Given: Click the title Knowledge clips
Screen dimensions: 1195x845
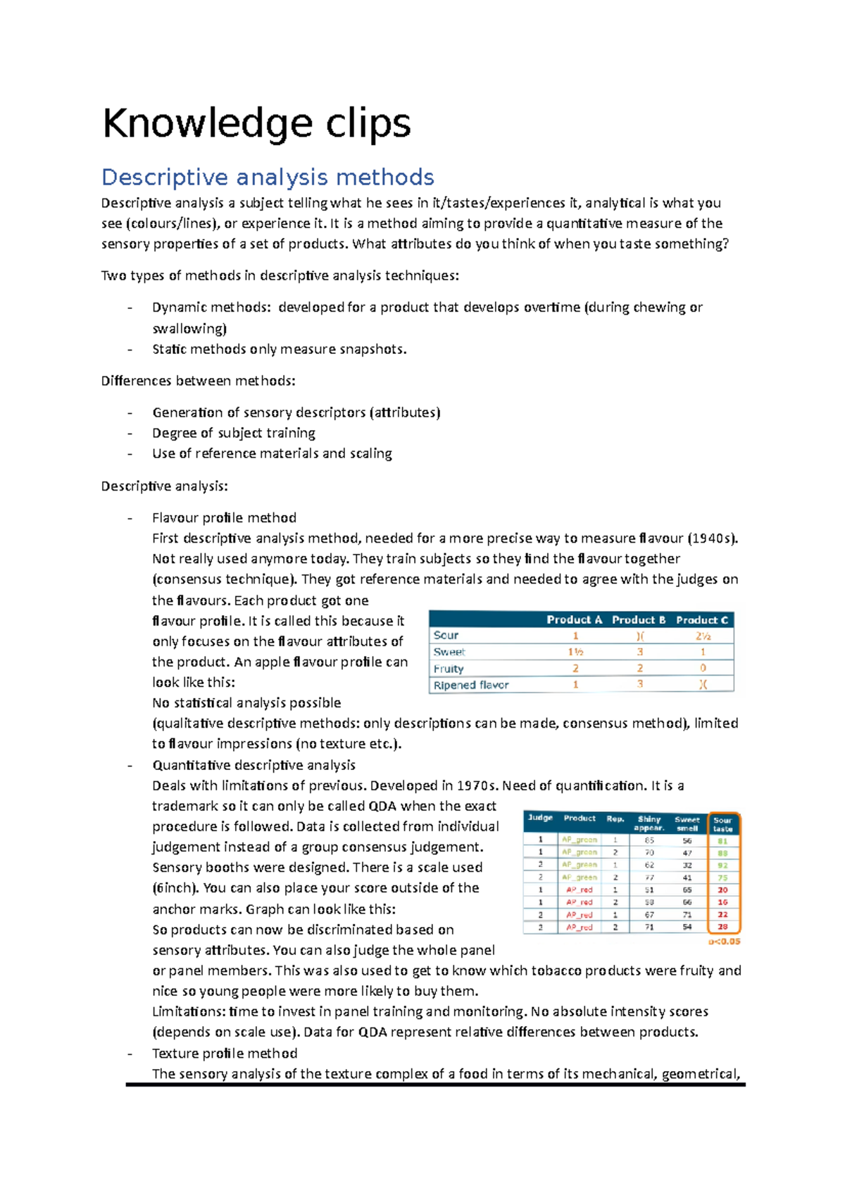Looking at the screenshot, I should (256, 124).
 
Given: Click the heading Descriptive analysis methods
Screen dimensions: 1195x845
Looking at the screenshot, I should (268, 177).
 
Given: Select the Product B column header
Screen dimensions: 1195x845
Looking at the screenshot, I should (638, 620).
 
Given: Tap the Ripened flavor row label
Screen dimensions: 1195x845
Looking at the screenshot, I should (470, 685).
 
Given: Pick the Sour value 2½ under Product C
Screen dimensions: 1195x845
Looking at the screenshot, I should (703, 636).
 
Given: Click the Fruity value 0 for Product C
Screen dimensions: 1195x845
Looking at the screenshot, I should (703, 668).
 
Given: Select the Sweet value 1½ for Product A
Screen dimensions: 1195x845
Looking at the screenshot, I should (575, 652).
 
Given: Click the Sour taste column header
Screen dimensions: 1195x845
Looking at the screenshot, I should (722, 824).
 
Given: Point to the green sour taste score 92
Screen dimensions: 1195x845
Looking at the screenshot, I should (722, 865).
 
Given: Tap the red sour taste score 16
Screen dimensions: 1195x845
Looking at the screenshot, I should (722, 902).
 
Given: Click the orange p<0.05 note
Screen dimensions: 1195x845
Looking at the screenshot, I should (724, 942).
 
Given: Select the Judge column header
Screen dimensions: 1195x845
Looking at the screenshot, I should (540, 818).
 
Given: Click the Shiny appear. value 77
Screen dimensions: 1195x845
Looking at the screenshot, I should (649, 878).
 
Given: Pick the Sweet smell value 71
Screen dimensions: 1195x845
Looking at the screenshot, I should (687, 915).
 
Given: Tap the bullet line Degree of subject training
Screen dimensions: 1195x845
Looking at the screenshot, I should (234, 433).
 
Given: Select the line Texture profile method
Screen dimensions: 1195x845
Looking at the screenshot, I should (225, 1054).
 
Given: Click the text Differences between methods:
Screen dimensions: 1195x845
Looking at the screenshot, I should (198, 381).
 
